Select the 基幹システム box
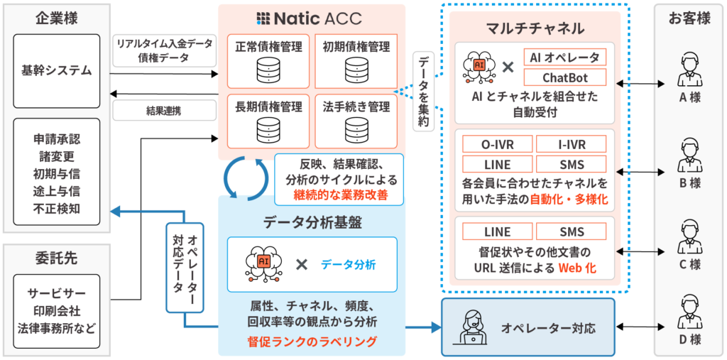tap(57, 70)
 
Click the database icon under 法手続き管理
tap(356, 131)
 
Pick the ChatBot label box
tap(564, 77)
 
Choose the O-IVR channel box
tap(497, 145)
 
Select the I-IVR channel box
tap(572, 145)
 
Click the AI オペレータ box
tap(564, 57)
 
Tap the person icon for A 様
tap(689, 70)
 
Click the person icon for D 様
tap(689, 311)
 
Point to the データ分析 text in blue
tap(348, 265)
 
